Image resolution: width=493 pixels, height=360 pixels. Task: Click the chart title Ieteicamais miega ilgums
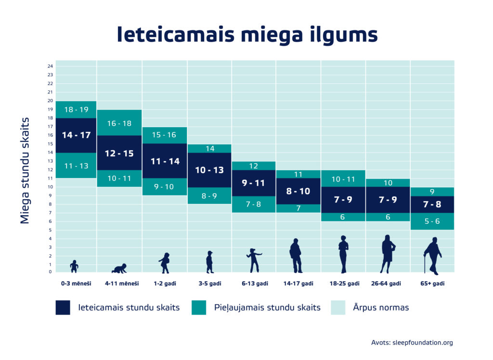247,35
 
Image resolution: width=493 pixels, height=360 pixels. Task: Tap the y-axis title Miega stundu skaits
26,170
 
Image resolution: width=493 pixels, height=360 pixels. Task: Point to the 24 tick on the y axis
50,66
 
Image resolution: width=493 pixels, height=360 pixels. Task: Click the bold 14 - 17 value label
76,135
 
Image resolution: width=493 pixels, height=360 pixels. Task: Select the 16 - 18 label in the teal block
119,124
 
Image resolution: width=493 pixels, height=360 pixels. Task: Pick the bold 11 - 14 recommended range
165,161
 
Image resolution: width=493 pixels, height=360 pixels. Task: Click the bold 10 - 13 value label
209,170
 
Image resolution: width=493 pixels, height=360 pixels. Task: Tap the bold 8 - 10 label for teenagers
298,191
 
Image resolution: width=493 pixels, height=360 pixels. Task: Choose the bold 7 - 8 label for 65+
432,205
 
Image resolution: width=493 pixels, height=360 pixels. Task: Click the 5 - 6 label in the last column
432,222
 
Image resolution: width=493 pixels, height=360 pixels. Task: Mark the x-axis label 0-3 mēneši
76,283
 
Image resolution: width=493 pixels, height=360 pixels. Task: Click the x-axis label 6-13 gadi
255,283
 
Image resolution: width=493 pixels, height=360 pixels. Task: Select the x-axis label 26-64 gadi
388,283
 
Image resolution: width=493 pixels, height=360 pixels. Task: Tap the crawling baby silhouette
119,269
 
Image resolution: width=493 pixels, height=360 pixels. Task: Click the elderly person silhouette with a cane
432,256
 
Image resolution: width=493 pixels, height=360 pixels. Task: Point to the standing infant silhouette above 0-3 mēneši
74,266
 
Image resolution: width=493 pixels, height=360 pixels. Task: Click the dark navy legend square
63,308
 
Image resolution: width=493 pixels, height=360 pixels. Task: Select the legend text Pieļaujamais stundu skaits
267,308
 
